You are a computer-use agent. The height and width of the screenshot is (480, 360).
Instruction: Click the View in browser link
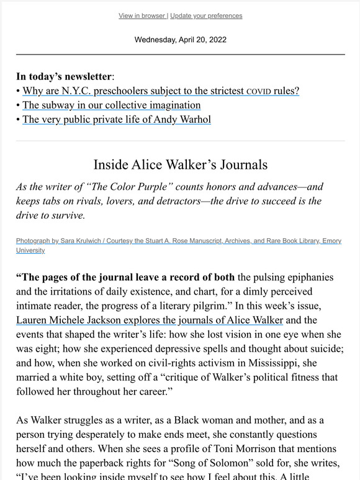pyautogui.click(x=142, y=16)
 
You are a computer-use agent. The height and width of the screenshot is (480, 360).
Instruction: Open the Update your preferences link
pyautogui.click(x=206, y=16)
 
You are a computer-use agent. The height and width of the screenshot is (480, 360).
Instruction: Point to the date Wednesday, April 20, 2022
pyautogui.click(x=180, y=40)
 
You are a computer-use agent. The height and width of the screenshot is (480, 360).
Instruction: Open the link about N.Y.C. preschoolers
pyautogui.click(x=161, y=91)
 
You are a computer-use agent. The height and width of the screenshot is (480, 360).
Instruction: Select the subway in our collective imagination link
pyautogui.click(x=111, y=105)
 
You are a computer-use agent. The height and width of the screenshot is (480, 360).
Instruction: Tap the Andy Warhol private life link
pyautogui.click(x=117, y=120)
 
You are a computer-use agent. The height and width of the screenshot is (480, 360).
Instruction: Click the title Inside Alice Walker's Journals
pyautogui.click(x=180, y=165)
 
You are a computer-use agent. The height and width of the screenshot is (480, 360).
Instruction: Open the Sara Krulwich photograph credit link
pyautogui.click(x=179, y=241)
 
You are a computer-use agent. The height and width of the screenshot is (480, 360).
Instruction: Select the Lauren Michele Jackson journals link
pyautogui.click(x=150, y=321)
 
